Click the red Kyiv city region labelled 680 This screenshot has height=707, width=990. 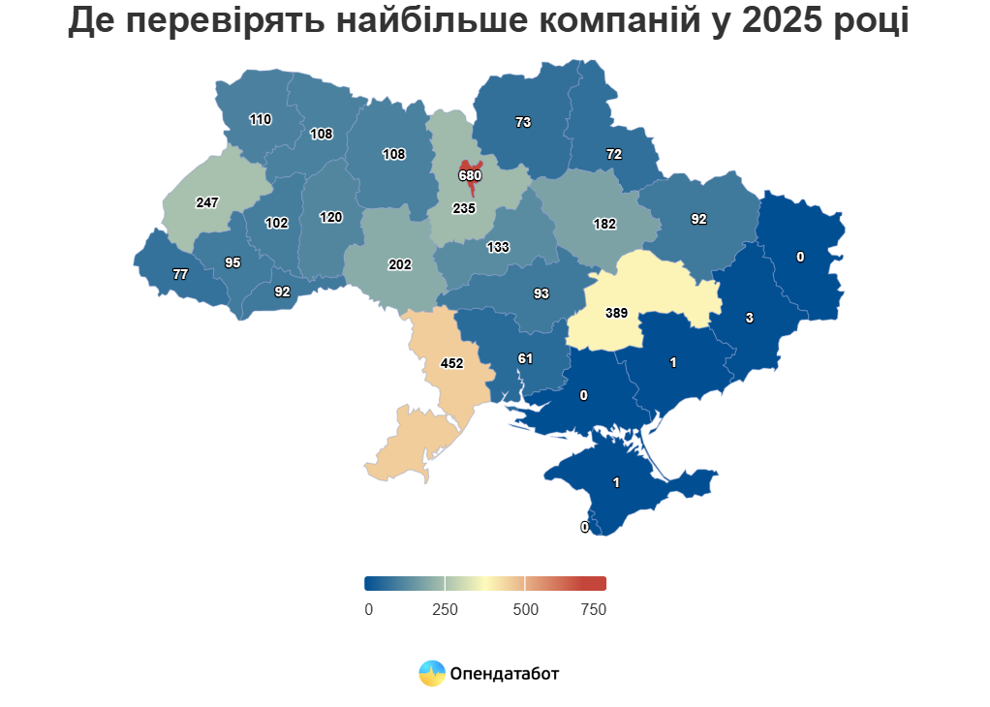pos(470,174)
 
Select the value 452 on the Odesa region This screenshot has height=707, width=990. pos(452,364)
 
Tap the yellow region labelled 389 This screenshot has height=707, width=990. pos(617,313)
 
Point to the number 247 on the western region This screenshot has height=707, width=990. pos(207,203)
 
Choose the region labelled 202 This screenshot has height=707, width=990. pos(400,264)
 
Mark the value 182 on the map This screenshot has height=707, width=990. pos(604,224)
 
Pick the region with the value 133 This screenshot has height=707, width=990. pos(498,247)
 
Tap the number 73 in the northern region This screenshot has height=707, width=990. pos(523,122)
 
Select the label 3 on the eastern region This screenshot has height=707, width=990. pos(749,317)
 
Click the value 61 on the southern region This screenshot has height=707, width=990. pos(525,358)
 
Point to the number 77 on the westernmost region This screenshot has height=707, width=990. pos(180,274)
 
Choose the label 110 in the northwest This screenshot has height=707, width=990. pos(261,120)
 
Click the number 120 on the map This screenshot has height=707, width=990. pos(331,217)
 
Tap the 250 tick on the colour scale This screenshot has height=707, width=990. pos(445,609)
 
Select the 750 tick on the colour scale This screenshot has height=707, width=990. pos(594,609)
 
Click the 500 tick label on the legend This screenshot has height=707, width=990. pos(525,609)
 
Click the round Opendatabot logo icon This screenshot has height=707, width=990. pos(432,673)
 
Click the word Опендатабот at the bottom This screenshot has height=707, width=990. pos(504,673)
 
